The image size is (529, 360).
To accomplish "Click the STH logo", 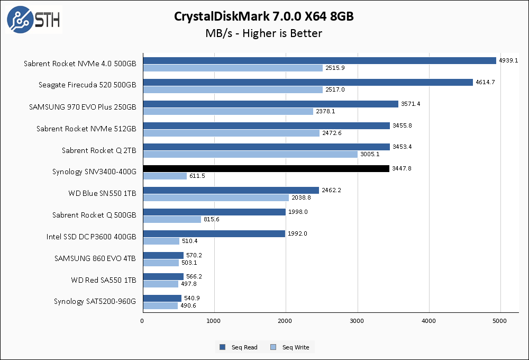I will [33, 20].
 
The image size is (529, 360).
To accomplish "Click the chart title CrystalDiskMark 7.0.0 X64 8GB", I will [264, 16].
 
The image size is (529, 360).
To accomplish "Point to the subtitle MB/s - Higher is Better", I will [264, 33].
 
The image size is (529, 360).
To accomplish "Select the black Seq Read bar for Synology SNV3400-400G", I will [266, 168].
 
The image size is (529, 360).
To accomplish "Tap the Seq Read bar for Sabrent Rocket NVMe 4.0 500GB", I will [320, 60].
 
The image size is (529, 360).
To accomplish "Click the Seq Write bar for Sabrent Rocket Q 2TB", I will [250, 154].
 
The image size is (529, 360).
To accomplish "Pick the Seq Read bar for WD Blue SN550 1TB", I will [231, 190].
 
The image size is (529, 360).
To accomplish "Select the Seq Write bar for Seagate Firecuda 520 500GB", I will [233, 89].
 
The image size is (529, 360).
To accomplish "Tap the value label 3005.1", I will [370, 154].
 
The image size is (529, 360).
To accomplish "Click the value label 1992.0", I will [297, 233].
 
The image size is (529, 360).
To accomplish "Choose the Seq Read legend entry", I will [239, 347].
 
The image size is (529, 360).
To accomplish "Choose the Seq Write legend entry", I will [290, 347].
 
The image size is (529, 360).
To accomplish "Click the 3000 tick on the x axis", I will [357, 321].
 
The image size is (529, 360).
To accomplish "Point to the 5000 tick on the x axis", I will [500, 321].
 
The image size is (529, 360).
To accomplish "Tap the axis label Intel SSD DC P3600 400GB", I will [91, 237].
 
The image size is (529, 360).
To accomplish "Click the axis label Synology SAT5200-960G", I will [95, 302].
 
